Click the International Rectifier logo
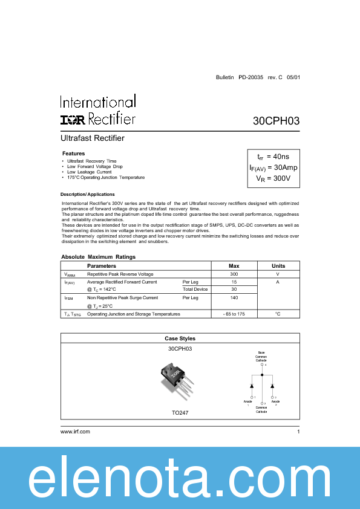click(x=97, y=110)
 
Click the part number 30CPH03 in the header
click(x=276, y=121)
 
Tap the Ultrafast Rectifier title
click(x=93, y=138)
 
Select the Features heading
click(x=74, y=154)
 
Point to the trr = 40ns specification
click(x=273, y=157)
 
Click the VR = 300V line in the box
click(x=273, y=178)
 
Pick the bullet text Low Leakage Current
click(x=90, y=172)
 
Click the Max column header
click(x=234, y=266)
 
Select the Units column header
click(x=278, y=266)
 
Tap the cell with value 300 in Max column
click(x=234, y=274)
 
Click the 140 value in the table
click(x=234, y=298)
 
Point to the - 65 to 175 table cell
click(x=234, y=314)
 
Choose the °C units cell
click(x=278, y=314)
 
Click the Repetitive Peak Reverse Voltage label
click(x=120, y=274)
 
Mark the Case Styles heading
click(x=180, y=339)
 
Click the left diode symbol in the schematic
click(x=252, y=385)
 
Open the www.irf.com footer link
click(x=76, y=432)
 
